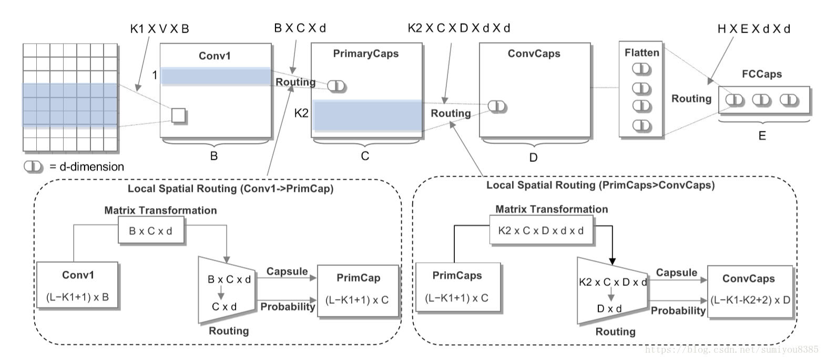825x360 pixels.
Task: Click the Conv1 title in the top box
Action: tap(215, 56)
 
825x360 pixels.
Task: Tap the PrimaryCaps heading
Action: tap(366, 54)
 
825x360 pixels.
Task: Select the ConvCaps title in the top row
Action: tap(534, 54)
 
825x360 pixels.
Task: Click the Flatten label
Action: tap(641, 53)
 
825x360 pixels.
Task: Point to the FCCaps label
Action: tap(761, 74)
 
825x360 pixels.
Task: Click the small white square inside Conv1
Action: tap(179, 115)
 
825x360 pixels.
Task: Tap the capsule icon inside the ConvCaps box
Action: tap(497, 107)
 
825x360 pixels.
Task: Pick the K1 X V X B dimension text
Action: tap(159, 29)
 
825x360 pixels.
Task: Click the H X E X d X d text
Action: tap(753, 29)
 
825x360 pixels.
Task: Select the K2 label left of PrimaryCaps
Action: tap(301, 113)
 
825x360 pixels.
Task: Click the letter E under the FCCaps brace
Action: tap(762, 136)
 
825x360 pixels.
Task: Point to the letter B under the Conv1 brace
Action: tap(214, 156)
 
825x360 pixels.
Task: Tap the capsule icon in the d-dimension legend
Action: tap(33, 167)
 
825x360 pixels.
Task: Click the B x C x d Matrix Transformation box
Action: tap(151, 231)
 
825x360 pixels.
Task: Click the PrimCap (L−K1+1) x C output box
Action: tap(358, 291)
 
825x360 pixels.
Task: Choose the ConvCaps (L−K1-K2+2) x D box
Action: tap(749, 291)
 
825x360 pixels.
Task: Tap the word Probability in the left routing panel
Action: tap(288, 307)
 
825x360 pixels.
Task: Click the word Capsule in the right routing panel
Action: tap(676, 273)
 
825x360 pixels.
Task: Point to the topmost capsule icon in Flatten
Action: tap(641, 69)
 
